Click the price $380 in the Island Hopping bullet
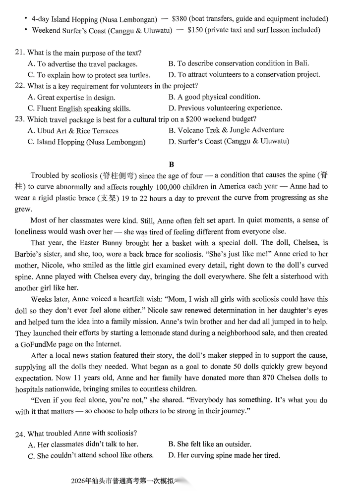tap(180, 19)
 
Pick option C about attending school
tap(91, 455)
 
